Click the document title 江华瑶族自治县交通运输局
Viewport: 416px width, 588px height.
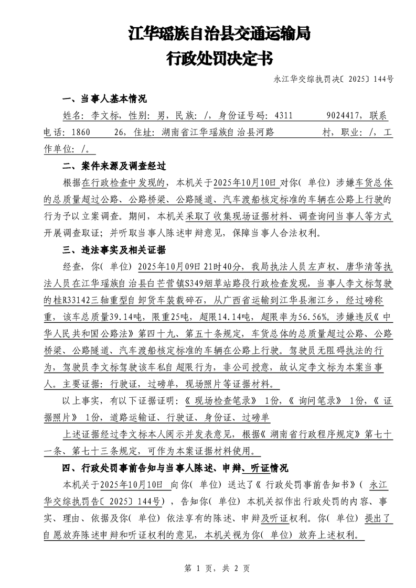point(219,35)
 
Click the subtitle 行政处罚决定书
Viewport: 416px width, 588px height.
point(219,58)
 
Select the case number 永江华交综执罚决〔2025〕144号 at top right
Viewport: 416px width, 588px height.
point(334,80)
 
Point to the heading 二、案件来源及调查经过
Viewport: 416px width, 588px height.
point(114,167)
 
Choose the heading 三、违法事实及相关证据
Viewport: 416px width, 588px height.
point(114,249)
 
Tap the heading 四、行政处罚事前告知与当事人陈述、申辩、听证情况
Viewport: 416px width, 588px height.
point(175,467)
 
